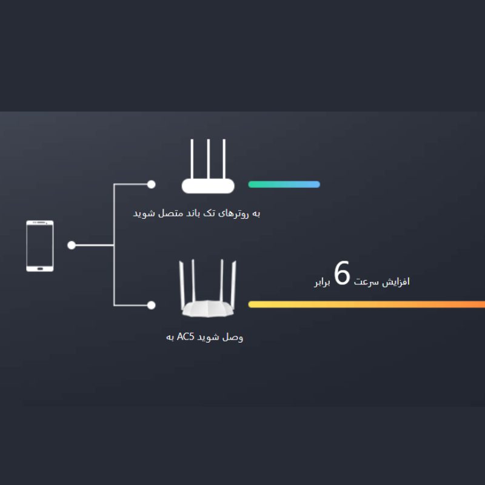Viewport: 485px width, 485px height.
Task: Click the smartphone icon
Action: click(x=40, y=246)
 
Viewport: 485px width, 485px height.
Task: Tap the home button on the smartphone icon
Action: click(x=40, y=269)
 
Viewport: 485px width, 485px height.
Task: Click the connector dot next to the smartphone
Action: click(x=72, y=246)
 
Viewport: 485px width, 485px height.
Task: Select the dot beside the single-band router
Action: click(x=151, y=184)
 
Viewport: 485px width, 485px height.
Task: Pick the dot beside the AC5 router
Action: click(x=151, y=306)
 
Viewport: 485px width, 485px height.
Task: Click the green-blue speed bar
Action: click(x=284, y=184)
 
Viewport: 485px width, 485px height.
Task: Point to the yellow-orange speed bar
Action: click(x=367, y=304)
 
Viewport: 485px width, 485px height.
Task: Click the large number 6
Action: click(x=342, y=273)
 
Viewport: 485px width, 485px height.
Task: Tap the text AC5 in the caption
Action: click(x=186, y=336)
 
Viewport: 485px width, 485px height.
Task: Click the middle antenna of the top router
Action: click(x=209, y=159)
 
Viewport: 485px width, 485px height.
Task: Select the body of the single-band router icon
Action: click(x=208, y=186)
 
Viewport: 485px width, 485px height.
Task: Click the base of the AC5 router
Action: click(x=208, y=309)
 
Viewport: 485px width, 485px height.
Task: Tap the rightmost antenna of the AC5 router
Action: click(x=233, y=283)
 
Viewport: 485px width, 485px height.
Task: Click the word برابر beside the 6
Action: click(x=323, y=283)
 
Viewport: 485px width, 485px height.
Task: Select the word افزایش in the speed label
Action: click(x=396, y=282)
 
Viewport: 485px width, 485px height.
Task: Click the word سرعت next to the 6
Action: click(x=366, y=282)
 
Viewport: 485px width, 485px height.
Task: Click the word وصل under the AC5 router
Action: click(x=233, y=337)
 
